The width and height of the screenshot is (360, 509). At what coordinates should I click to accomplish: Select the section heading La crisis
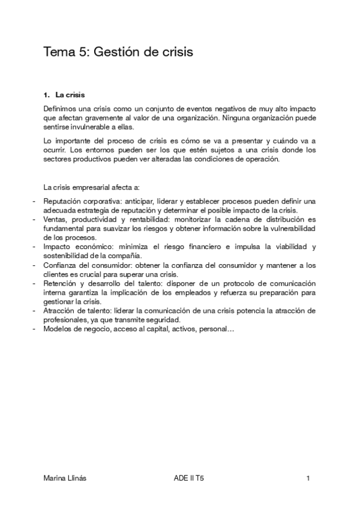(x=70, y=95)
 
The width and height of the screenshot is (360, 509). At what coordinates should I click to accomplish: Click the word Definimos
(x=61, y=109)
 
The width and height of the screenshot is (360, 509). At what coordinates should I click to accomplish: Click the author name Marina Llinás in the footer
(x=66, y=478)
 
